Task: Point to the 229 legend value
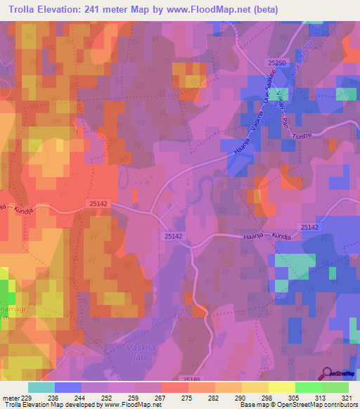pos(27,397)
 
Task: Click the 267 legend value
pos(161,397)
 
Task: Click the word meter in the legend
pos(10,397)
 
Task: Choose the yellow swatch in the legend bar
pos(281,387)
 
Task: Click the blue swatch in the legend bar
pos(67,387)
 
